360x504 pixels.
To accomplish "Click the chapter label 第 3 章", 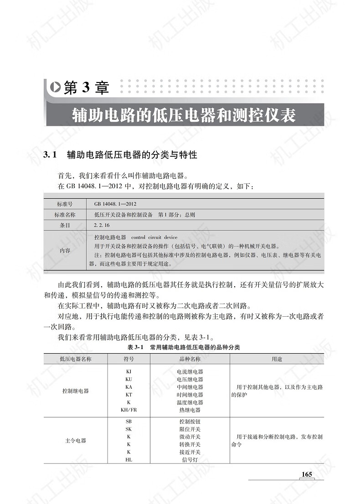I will point(87,88).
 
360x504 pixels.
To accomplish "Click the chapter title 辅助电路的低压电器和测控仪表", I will point(184,115).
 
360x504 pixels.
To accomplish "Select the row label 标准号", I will point(65,204).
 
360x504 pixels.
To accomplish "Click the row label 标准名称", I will point(65,215).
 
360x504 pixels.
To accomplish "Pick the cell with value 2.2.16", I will point(102,225).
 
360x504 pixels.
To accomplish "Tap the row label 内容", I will point(65,250).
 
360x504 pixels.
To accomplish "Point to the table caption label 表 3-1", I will point(135,347).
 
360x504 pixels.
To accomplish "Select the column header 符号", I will point(129,359).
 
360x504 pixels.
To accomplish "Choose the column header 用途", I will point(277,359).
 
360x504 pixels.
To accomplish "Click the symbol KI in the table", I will point(129,371).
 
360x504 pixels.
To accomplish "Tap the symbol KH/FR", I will point(129,410).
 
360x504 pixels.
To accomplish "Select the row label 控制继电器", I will point(76,391).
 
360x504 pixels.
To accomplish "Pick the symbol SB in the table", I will point(129,422).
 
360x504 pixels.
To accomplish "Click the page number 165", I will point(307,474).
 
